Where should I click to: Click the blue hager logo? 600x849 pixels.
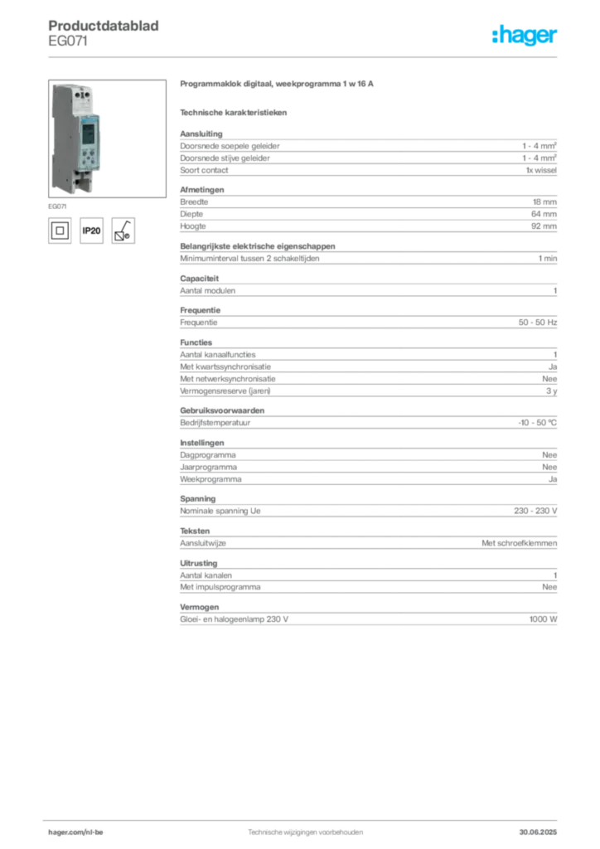526,36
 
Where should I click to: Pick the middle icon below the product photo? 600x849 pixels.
92,229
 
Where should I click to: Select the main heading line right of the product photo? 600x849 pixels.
278,85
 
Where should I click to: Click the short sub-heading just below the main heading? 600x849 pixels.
235,112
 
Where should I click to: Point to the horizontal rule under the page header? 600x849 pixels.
305,56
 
